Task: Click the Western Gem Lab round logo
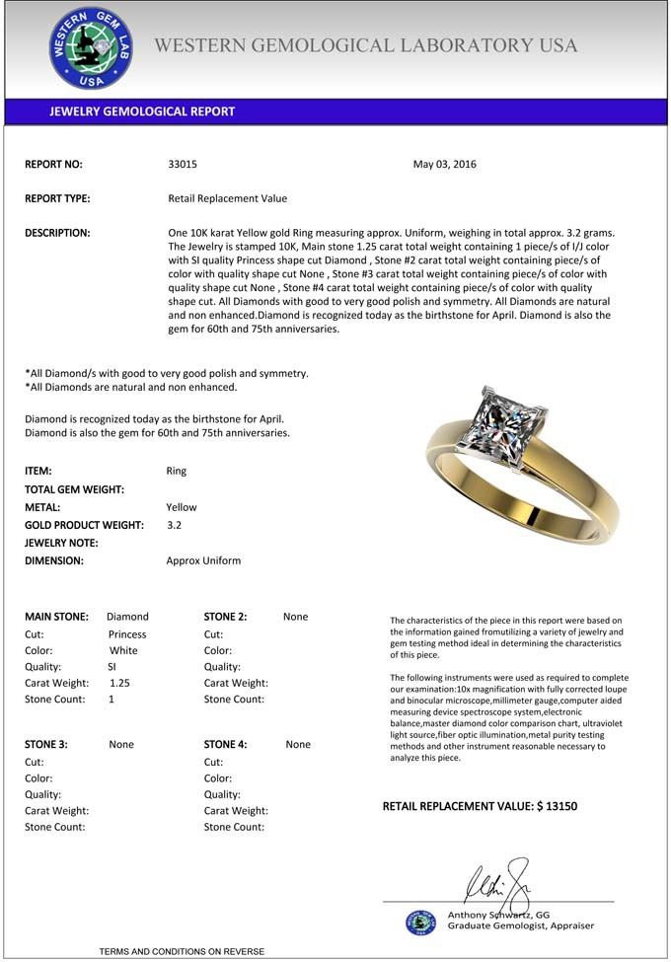point(91,47)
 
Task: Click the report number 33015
point(183,165)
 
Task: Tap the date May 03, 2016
point(444,165)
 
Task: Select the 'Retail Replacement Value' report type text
point(228,198)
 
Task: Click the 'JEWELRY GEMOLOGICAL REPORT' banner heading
point(142,111)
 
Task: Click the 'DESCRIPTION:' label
point(57,233)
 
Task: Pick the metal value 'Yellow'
point(182,507)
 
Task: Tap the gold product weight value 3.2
point(175,525)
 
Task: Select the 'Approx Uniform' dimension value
point(203,560)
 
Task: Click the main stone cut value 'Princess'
point(127,634)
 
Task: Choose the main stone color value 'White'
point(123,651)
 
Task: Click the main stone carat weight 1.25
point(119,683)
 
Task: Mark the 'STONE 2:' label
point(225,617)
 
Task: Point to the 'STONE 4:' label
point(225,745)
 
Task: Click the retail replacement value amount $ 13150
point(557,806)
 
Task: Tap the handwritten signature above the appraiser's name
point(499,878)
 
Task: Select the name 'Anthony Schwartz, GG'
point(498,915)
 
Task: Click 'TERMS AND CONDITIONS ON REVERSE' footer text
point(182,951)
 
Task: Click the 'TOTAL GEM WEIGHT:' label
point(74,489)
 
